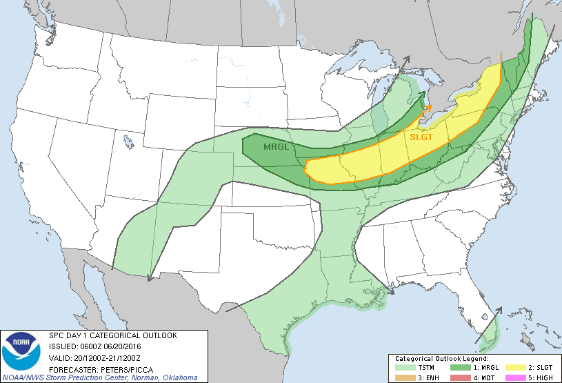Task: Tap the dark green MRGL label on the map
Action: pyautogui.click(x=276, y=147)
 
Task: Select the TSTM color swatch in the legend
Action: pyautogui.click(x=404, y=368)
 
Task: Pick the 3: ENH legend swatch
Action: pyautogui.click(x=404, y=377)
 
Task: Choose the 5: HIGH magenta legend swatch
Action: pyautogui.click(x=515, y=377)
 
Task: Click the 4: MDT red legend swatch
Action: pyautogui.click(x=459, y=377)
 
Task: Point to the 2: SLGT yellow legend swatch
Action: pyautogui.click(x=515, y=368)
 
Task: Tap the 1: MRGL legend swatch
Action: pyautogui.click(x=459, y=368)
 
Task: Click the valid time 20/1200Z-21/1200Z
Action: pyautogui.click(x=105, y=357)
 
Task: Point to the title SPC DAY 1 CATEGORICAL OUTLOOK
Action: pyautogui.click(x=112, y=336)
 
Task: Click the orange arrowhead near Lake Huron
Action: pyautogui.click(x=429, y=106)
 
